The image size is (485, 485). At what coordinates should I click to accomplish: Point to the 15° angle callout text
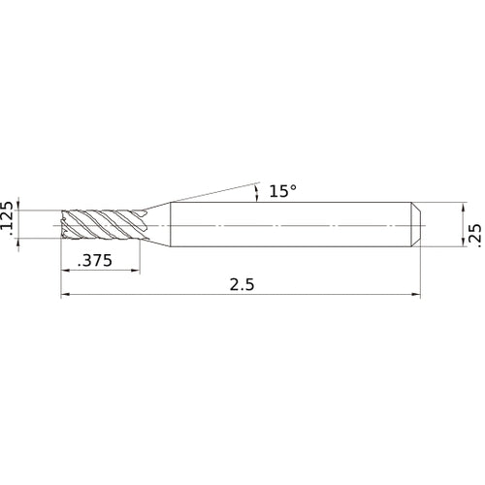point(281,192)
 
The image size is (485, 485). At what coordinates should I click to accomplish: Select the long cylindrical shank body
point(291,224)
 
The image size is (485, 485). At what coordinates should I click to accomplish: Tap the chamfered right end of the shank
point(417,224)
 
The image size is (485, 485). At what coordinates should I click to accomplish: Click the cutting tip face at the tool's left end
point(65,224)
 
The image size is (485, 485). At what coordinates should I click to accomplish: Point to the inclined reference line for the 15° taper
point(213,191)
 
